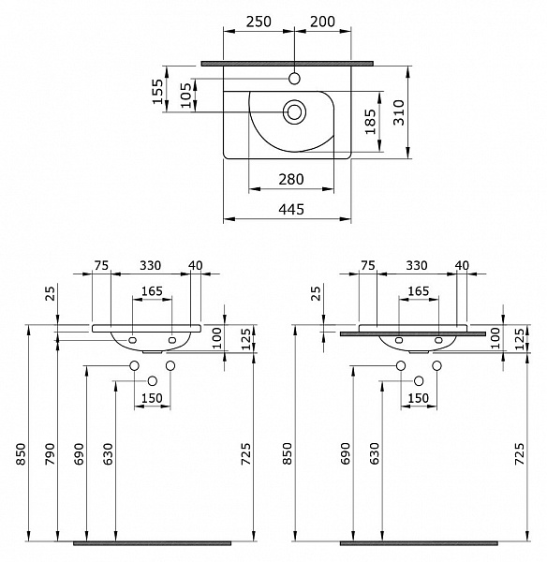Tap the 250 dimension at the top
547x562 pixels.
(x=259, y=22)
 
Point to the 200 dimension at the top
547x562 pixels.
(x=323, y=22)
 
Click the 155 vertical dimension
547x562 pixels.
(x=157, y=90)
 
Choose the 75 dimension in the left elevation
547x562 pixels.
(x=101, y=266)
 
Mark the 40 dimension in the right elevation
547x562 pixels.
(x=461, y=266)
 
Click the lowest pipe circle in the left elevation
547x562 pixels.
(x=153, y=381)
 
